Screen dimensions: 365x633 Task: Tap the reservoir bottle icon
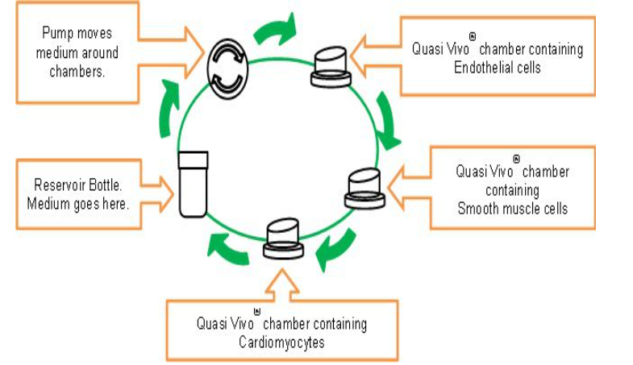click(x=193, y=184)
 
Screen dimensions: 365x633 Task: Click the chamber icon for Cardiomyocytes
click(x=284, y=238)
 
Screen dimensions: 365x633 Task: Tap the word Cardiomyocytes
click(x=281, y=342)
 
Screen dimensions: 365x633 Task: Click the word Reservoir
click(x=62, y=185)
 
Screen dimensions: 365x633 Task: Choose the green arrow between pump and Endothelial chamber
click(x=274, y=31)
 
